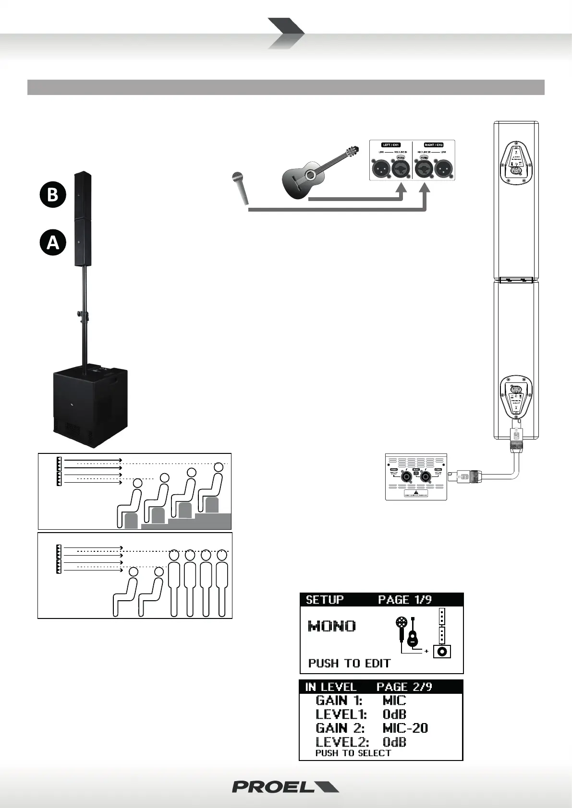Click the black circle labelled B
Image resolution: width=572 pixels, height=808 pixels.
(x=52, y=194)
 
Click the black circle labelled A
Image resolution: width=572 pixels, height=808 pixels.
(x=52, y=242)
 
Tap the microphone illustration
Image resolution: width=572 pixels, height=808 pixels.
(x=240, y=187)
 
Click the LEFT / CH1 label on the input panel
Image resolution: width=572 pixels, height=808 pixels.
(x=391, y=145)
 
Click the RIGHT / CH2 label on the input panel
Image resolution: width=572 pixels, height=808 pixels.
(x=433, y=145)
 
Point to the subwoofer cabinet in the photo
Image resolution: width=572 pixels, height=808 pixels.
(x=90, y=405)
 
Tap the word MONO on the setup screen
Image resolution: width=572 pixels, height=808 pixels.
(x=332, y=626)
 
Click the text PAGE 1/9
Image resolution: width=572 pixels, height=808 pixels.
(x=404, y=600)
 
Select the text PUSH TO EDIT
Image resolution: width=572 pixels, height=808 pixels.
(x=349, y=664)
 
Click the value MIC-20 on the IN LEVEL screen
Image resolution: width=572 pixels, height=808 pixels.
(x=405, y=728)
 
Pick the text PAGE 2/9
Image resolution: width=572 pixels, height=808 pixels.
(x=404, y=687)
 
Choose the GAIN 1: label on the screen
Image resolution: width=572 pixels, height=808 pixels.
(x=339, y=701)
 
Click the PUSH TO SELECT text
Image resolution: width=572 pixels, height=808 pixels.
(x=353, y=753)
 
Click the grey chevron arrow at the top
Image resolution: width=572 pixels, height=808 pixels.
(x=286, y=33)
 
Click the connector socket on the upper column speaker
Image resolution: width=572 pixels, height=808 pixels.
(x=517, y=171)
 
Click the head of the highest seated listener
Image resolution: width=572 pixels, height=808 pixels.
(x=219, y=467)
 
